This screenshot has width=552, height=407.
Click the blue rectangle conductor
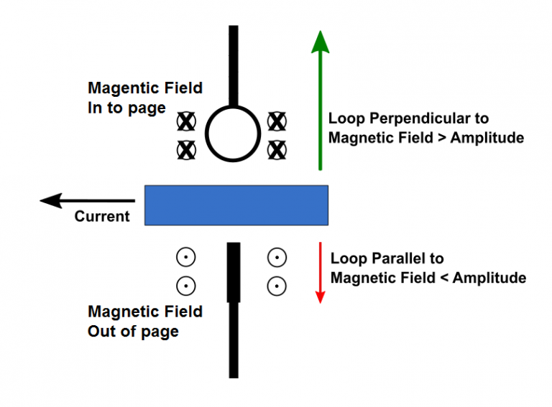click(236, 205)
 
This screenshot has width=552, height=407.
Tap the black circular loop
click(232, 134)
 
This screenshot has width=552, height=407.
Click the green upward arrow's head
click(321, 42)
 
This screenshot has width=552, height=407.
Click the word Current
click(102, 216)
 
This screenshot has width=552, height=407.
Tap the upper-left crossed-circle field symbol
click(186, 121)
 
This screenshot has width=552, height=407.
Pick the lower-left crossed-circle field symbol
click(186, 149)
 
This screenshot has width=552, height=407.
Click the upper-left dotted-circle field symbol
click(186, 257)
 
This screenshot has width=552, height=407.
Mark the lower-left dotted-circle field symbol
click(186, 286)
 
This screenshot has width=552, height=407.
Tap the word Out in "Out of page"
click(101, 332)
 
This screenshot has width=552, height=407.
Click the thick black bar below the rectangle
click(233, 272)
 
